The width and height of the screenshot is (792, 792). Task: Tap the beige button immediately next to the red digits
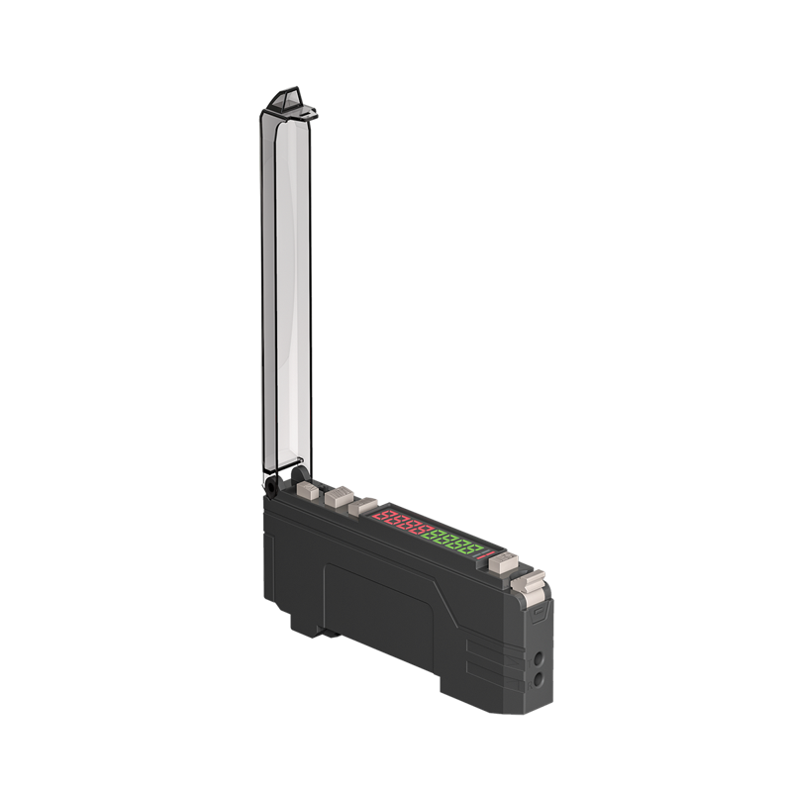[x=363, y=506]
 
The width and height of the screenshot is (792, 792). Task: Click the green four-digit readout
[x=455, y=543]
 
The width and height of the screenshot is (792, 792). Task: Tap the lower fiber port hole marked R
[x=538, y=679]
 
